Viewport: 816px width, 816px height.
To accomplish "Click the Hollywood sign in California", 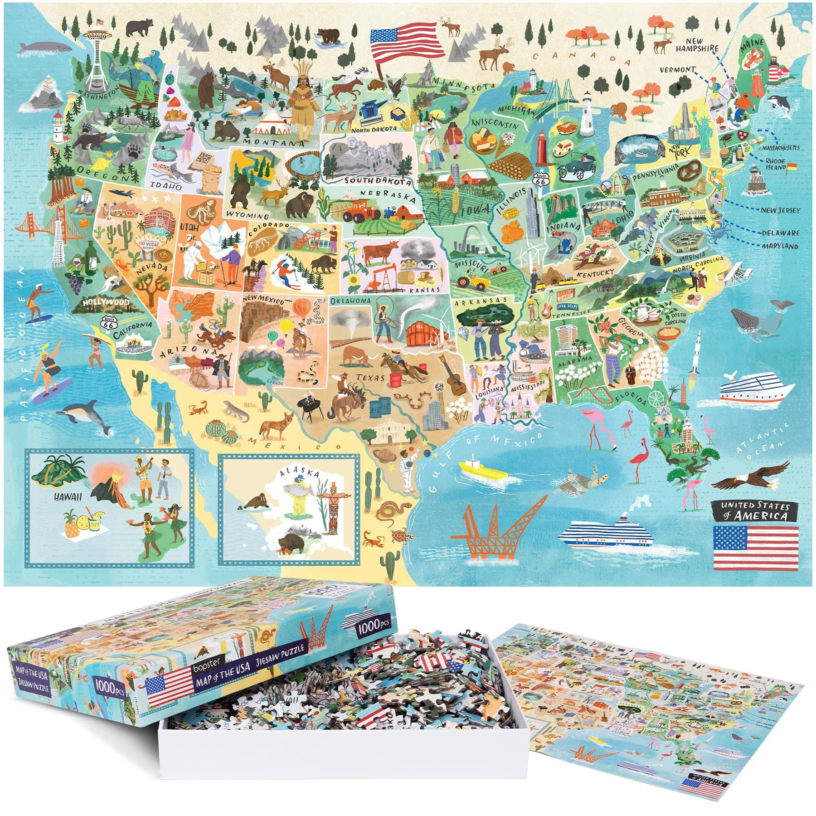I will [x=106, y=302].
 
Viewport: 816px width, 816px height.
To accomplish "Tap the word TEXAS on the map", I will [x=370, y=377].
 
